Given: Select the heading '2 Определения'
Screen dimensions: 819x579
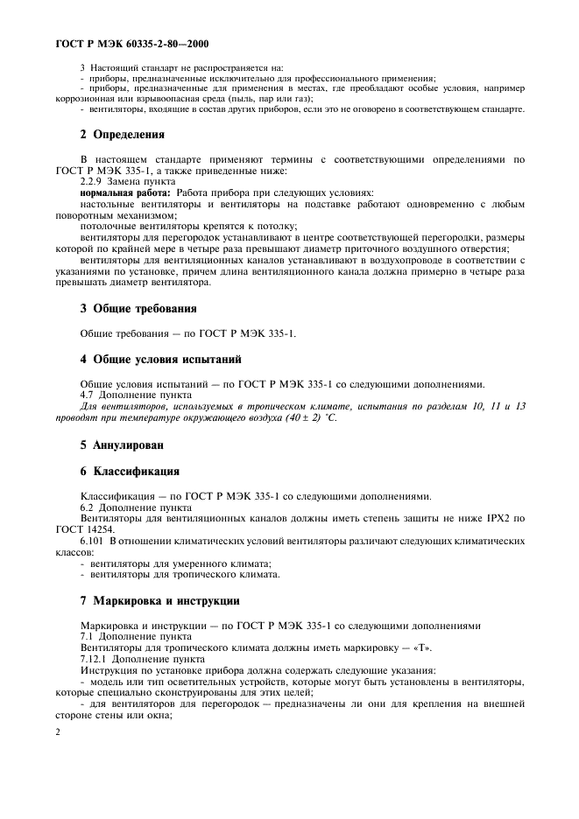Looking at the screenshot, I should [x=123, y=135].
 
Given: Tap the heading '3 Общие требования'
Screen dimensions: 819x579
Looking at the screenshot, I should [x=138, y=308].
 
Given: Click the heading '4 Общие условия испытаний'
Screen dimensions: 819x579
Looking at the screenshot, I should [x=161, y=360].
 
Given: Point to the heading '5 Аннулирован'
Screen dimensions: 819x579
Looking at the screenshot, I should [x=122, y=444].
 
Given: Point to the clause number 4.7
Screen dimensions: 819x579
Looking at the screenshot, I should [x=88, y=395].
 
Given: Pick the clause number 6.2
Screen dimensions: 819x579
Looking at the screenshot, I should [x=88, y=507].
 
